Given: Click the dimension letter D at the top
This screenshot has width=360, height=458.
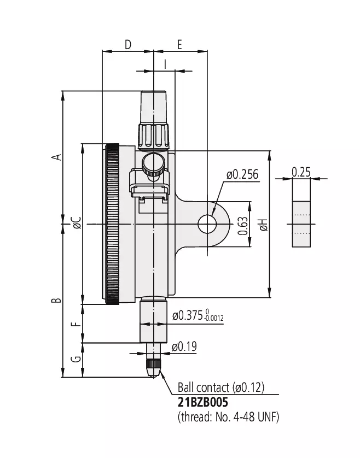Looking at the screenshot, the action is pos(128,45).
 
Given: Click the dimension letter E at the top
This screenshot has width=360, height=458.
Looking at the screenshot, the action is pos(179,45).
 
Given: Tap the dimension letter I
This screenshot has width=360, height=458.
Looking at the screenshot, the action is pos(165,64).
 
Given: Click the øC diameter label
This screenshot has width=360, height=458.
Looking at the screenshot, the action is pos(77,222).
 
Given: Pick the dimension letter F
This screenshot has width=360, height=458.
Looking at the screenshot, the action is pos(76,324).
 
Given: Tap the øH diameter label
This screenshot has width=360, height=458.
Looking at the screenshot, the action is pos(264,225).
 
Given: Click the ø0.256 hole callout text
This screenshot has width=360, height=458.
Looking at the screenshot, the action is pos(242,174).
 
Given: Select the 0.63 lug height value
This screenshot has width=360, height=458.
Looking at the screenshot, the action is pos(243,226).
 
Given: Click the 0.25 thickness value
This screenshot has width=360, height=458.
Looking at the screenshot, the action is pos(301,172).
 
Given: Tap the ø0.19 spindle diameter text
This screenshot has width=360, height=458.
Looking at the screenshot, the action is pos(184,347).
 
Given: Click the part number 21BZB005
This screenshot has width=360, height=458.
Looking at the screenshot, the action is pos(202,402).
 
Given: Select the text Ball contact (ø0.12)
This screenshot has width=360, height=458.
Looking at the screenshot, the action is pos(221,387).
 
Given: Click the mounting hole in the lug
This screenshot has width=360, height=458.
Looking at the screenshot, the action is pos(207,224).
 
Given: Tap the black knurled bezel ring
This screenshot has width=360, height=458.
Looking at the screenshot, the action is pos(112,224).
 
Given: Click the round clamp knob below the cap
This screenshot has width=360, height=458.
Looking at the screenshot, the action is pos(153,165).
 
